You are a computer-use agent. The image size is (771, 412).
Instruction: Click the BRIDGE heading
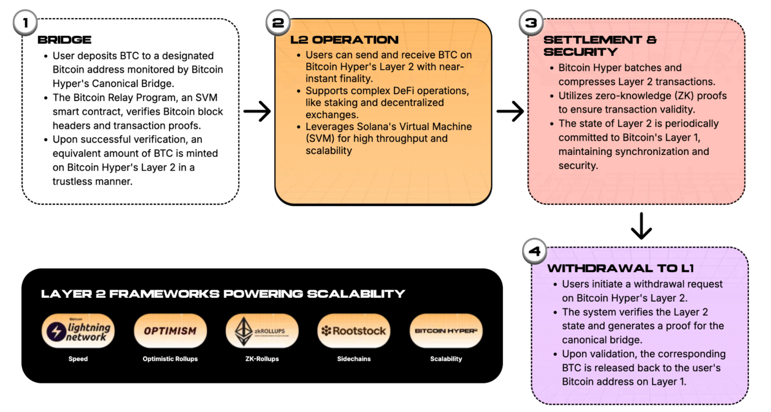point(64,40)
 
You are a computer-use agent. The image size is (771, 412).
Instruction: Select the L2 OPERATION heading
point(344,40)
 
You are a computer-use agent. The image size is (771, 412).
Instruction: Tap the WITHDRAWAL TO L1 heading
point(620,269)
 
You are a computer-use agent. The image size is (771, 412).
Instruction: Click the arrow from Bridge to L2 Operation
point(257,112)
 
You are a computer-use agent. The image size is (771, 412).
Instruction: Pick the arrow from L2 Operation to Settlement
point(510,112)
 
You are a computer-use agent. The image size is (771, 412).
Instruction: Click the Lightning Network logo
point(78,331)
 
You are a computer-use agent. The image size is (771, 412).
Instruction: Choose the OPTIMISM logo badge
point(170,331)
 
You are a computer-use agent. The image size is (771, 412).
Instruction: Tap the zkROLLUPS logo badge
point(262,331)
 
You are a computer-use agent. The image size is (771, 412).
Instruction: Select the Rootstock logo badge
point(354,331)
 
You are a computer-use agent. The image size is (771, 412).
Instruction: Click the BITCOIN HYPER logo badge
point(446,331)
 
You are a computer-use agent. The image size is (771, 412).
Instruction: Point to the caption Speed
point(78,359)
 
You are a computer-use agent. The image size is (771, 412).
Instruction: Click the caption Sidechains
point(354,359)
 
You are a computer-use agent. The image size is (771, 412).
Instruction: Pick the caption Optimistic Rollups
point(170,359)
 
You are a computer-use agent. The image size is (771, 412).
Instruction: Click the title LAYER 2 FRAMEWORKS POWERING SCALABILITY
point(223,294)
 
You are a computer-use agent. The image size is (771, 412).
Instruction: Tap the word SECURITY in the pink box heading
point(581,52)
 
